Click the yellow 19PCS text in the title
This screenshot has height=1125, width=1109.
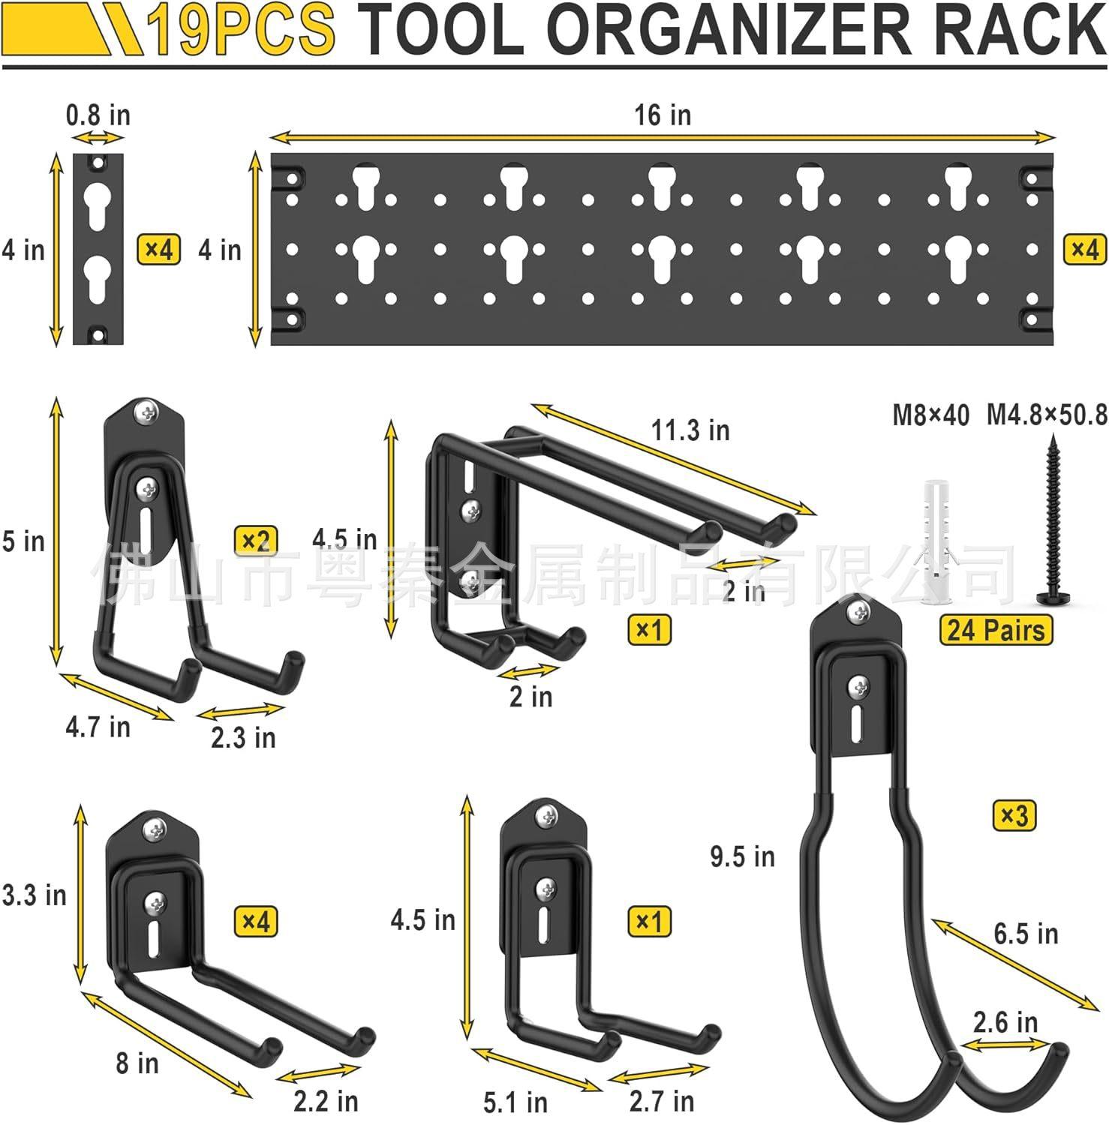[240, 30]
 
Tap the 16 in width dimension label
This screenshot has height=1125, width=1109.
[663, 115]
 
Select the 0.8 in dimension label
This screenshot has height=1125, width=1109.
[98, 115]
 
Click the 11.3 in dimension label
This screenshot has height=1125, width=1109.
[690, 430]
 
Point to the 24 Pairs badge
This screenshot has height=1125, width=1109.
[996, 630]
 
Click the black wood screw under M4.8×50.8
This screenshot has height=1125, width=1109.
[1050, 524]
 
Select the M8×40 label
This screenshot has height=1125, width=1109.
[930, 415]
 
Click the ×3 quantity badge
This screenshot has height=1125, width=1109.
[1014, 815]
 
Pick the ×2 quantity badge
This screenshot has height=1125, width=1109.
[256, 541]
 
